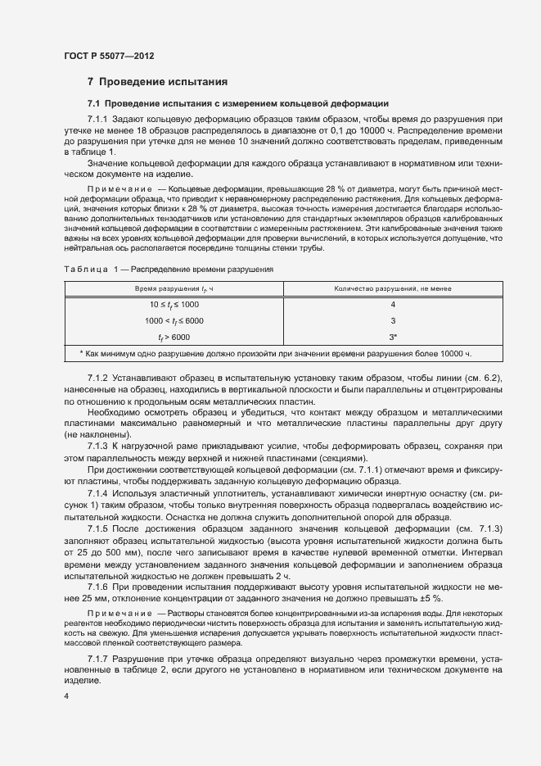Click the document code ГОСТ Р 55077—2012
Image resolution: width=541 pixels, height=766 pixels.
[x=109, y=57]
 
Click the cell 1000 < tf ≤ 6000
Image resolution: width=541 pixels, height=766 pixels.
[x=174, y=320]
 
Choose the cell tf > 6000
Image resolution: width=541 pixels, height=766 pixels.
[x=174, y=337]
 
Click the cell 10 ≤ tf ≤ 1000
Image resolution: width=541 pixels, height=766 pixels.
[x=174, y=305]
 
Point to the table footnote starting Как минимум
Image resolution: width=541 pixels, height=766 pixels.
[x=275, y=354]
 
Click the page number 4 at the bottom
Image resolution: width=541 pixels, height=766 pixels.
[x=65, y=696]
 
